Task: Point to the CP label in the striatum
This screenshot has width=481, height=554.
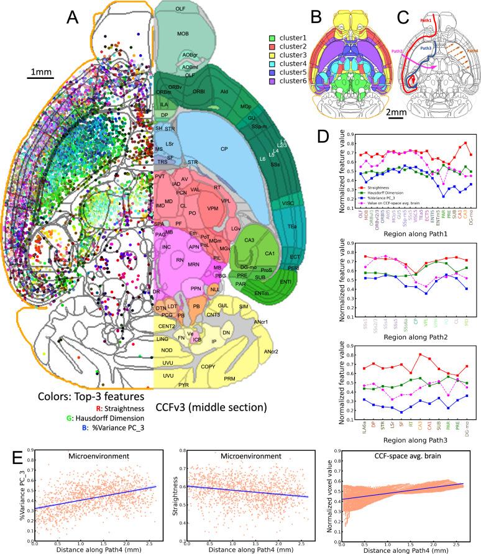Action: click(224, 149)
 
